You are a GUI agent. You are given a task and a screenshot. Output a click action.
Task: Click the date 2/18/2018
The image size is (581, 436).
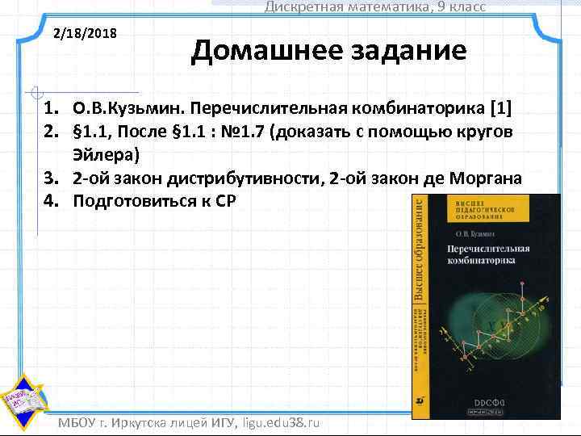[85, 35]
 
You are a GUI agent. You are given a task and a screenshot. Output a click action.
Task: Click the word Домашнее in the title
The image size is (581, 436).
[256, 51]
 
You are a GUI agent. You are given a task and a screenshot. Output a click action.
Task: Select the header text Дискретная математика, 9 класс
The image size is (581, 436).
[375, 7]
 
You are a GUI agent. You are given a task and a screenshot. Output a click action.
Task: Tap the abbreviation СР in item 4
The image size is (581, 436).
[224, 201]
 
